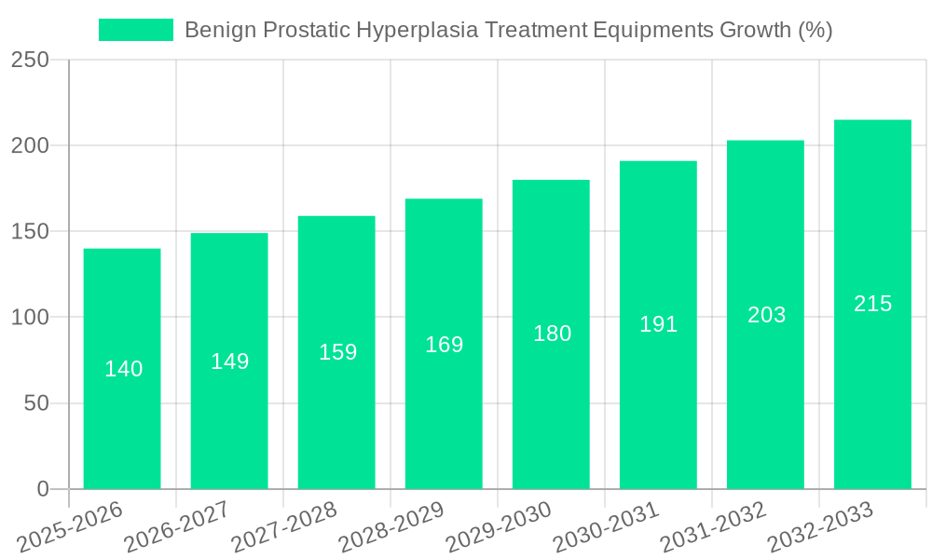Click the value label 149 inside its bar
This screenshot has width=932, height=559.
[x=229, y=361]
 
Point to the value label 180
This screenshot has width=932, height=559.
[x=552, y=334]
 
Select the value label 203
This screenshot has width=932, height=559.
[x=766, y=315]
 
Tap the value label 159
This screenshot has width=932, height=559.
[x=337, y=352]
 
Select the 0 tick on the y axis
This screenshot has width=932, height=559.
[x=42, y=489]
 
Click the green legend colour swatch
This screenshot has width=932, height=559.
[x=136, y=30]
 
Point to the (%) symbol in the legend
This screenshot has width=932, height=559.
[x=815, y=30]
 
